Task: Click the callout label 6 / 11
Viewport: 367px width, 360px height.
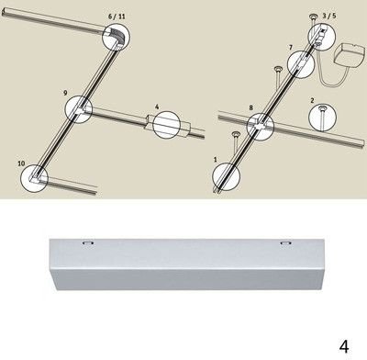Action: click(x=117, y=16)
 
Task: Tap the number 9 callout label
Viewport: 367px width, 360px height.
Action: click(x=65, y=93)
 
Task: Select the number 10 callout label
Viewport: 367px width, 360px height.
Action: click(x=21, y=163)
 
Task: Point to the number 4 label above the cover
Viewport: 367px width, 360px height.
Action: click(x=157, y=107)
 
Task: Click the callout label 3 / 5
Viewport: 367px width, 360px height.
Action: click(x=329, y=16)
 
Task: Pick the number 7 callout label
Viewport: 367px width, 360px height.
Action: click(x=291, y=48)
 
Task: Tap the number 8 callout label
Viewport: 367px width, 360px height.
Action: click(x=251, y=107)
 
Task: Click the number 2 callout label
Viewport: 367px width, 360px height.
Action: click(x=312, y=100)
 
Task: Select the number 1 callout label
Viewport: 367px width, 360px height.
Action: click(x=216, y=160)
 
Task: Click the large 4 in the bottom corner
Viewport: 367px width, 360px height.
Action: click(x=344, y=346)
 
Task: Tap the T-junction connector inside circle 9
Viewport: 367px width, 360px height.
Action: click(x=81, y=109)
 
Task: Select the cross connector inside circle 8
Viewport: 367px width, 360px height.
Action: click(x=261, y=126)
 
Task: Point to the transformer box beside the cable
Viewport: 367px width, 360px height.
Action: click(x=350, y=56)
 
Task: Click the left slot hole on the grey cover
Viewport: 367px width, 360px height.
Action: click(x=87, y=243)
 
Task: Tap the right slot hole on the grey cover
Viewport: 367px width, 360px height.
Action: click(x=285, y=243)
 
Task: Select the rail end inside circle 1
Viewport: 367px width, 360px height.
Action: click(x=224, y=180)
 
